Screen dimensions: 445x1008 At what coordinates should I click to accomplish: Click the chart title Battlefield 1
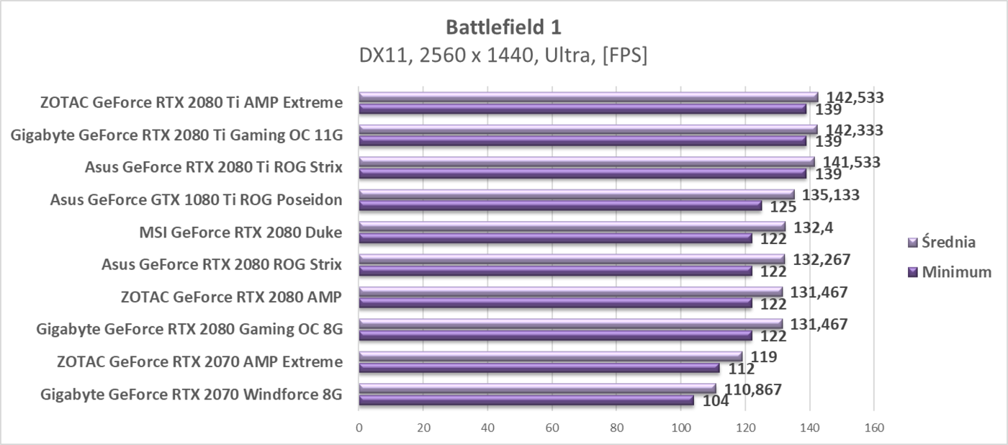[503, 27]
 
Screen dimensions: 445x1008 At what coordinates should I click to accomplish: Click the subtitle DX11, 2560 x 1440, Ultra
[503, 55]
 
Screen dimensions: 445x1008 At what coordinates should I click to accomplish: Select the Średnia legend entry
[948, 242]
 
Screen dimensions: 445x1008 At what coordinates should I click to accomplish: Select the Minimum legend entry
[950, 272]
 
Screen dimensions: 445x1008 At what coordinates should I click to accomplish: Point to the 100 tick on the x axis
[680, 426]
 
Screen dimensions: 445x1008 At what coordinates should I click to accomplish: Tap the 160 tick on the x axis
[873, 426]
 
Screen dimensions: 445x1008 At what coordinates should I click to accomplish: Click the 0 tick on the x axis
[359, 426]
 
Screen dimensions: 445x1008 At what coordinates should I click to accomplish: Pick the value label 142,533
[855, 97]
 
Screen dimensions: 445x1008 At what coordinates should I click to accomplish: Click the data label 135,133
[831, 194]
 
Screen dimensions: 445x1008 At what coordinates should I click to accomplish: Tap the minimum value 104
[716, 401]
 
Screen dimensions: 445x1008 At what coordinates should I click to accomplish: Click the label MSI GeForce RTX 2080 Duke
[240, 233]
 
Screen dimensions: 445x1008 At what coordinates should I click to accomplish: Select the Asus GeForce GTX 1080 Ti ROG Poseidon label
[196, 200]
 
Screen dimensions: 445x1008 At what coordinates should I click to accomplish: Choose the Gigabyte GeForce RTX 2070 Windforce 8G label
[192, 395]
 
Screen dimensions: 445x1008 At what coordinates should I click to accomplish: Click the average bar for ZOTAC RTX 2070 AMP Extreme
[550, 356]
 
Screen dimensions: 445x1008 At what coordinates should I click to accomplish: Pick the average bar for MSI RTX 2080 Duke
[572, 227]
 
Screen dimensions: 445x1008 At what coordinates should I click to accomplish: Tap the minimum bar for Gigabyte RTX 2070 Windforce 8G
[526, 400]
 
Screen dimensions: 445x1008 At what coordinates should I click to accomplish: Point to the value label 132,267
[821, 259]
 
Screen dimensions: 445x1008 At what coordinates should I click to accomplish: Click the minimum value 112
[741, 369]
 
